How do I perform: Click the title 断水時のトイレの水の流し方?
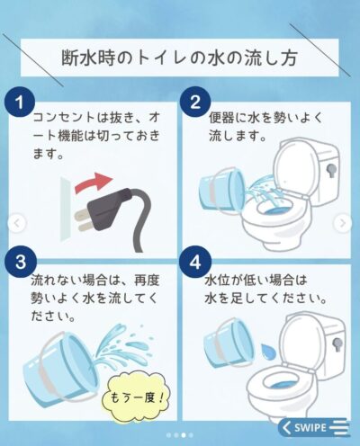[x=179, y=58]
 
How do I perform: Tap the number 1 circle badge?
[x=20, y=103]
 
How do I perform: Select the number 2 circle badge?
[x=195, y=102]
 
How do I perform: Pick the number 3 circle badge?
[x=21, y=262]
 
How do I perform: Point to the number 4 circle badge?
[x=195, y=263]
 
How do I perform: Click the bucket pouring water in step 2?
[x=222, y=192]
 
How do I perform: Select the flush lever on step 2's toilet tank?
[x=331, y=170]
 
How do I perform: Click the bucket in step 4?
[x=229, y=343]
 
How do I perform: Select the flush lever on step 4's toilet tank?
[x=337, y=344]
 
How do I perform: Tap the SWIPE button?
[x=313, y=427]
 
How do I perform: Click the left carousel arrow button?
[x=17, y=223]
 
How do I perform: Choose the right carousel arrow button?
[x=343, y=223]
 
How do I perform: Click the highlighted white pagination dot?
[x=184, y=435]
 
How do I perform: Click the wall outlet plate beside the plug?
[x=66, y=209]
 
